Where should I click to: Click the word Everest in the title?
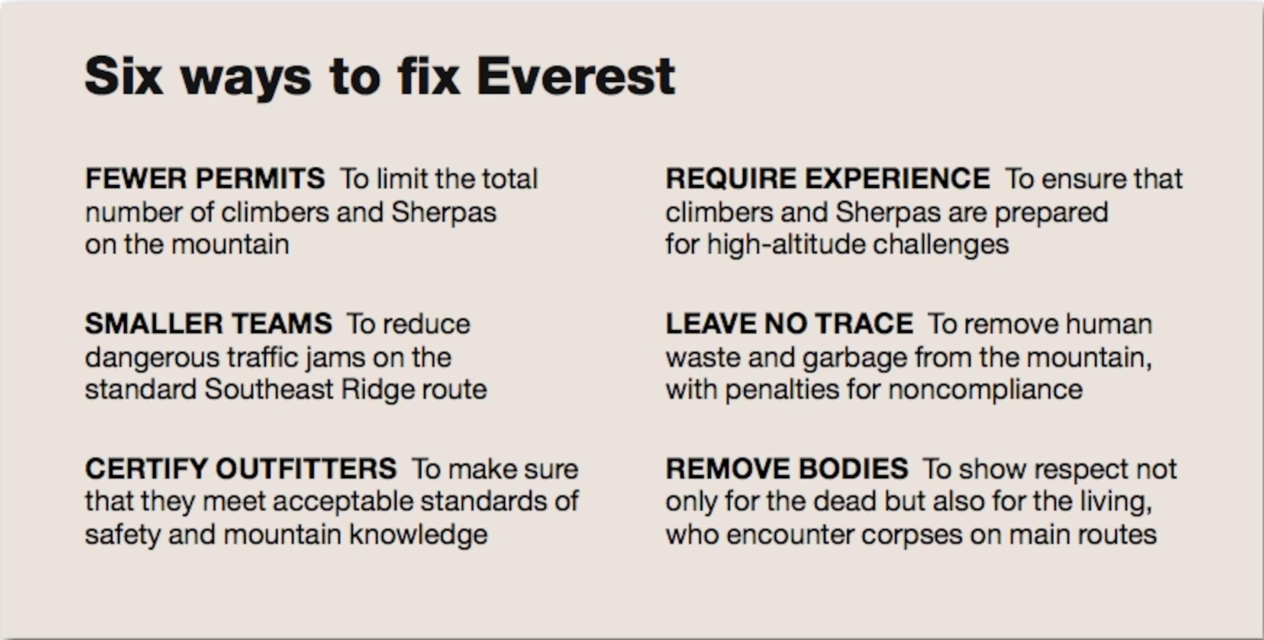(576, 76)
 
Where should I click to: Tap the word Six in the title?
(124, 76)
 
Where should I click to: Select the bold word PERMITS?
(260, 178)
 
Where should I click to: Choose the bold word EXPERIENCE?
(897, 178)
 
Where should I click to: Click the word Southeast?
(269, 390)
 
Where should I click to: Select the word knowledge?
(418, 535)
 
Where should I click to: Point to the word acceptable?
(343, 502)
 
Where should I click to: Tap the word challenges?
(941, 245)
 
